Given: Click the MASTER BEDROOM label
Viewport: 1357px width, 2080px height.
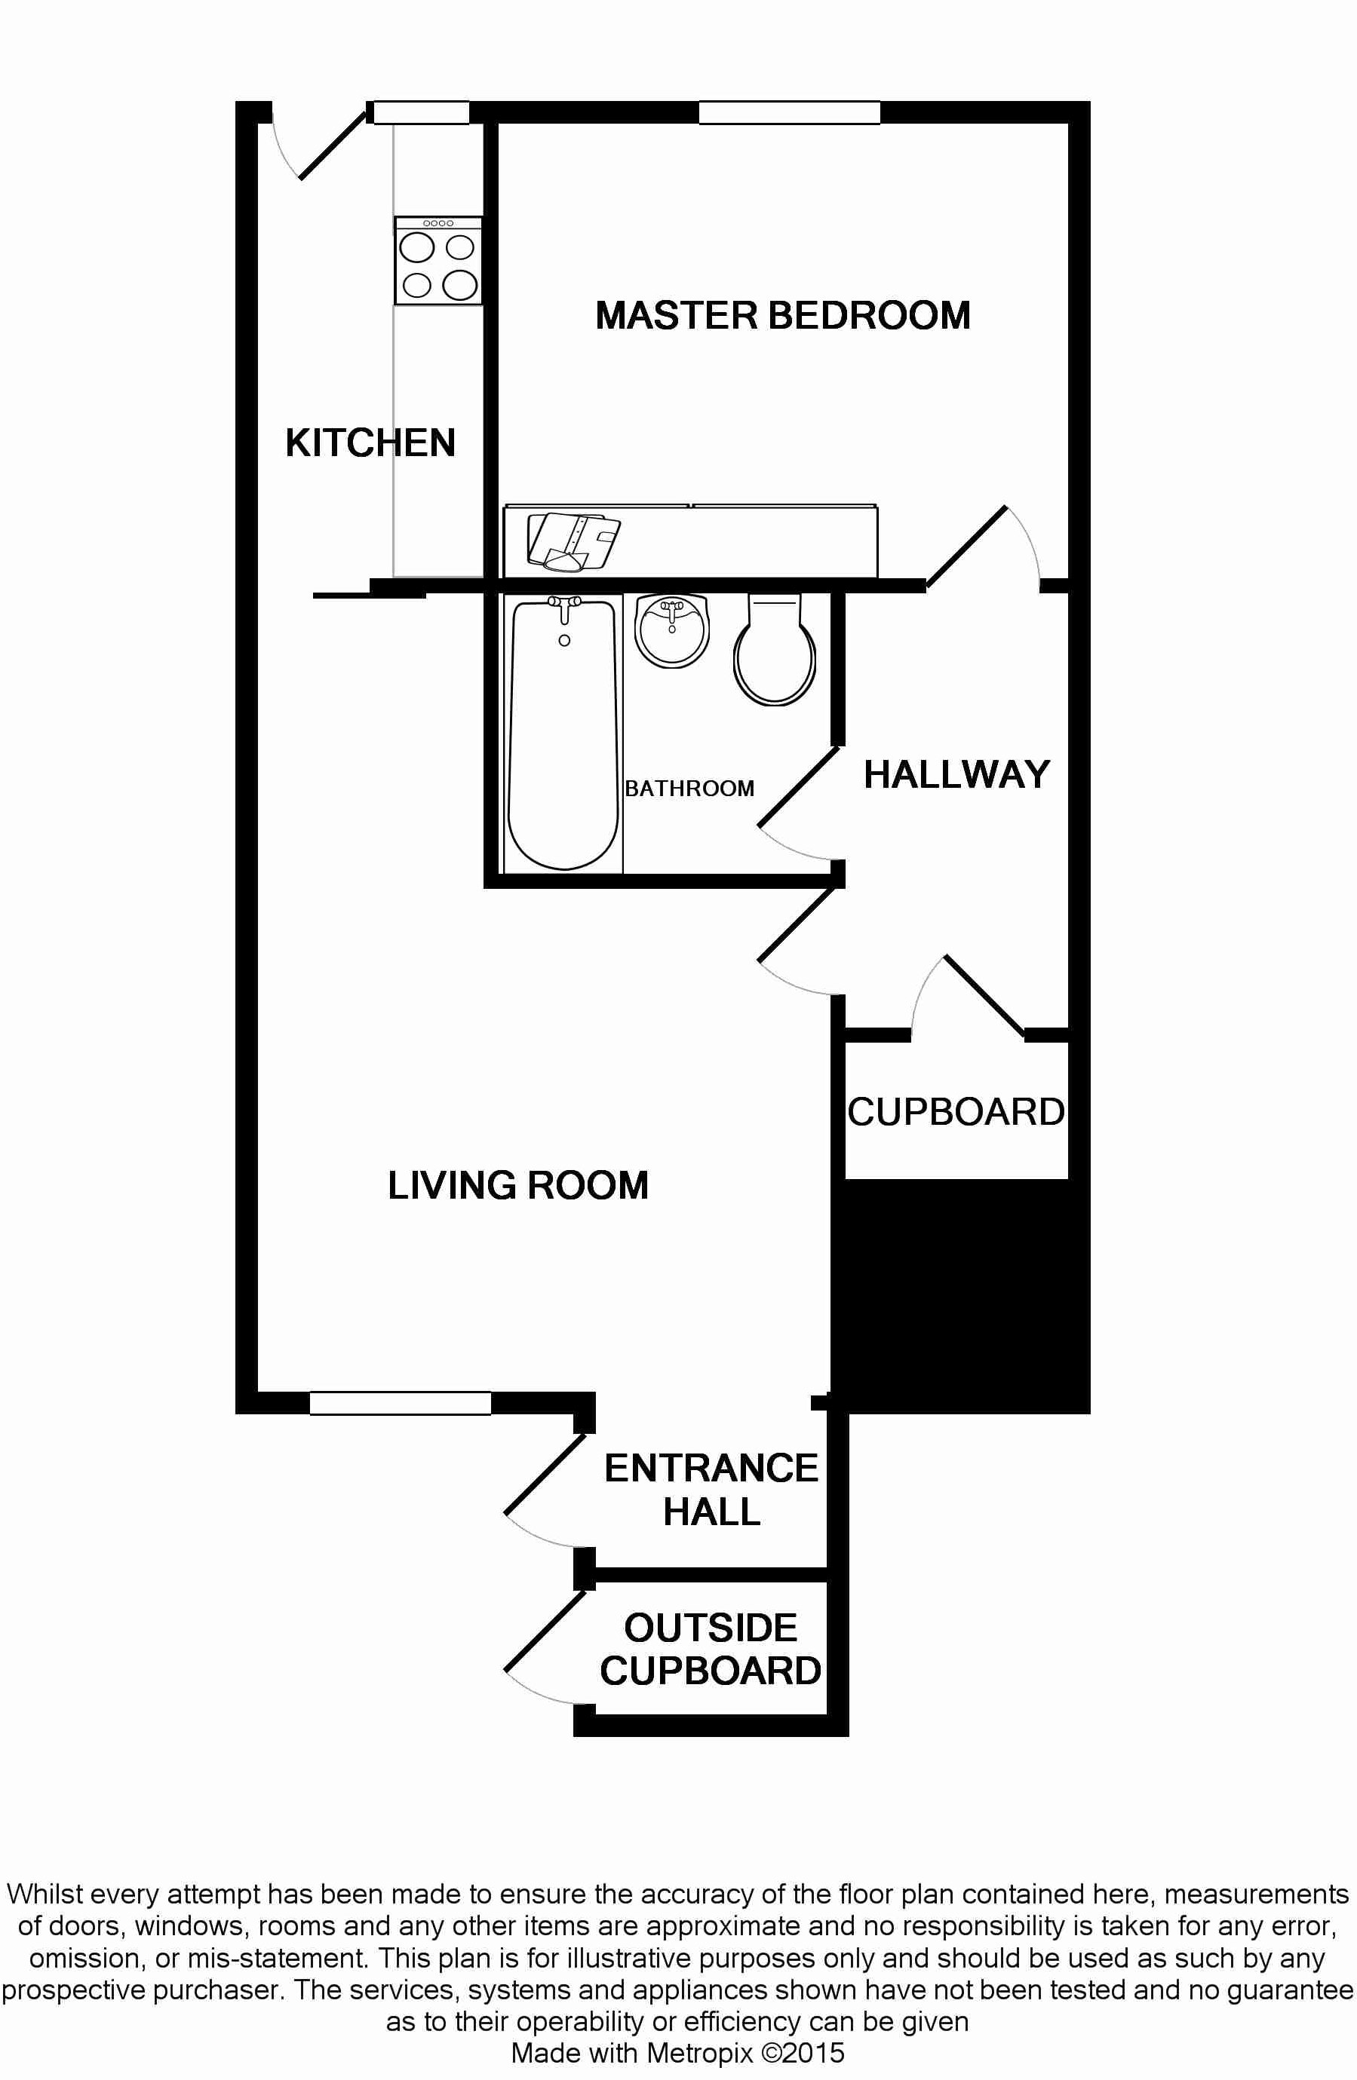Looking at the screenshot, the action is click(782, 315).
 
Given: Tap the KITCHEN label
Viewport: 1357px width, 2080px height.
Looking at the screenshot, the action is click(370, 443).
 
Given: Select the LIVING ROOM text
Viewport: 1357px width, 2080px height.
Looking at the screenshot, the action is click(517, 1186).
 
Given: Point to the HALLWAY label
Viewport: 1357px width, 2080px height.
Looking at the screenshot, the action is click(956, 774).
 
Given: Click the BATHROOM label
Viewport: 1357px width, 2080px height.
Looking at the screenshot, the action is click(689, 789).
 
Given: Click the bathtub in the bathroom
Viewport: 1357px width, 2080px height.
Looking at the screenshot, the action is click(564, 734).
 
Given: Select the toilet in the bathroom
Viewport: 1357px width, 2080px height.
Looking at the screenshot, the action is click(775, 648).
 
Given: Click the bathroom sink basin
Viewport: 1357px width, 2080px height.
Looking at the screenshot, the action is click(671, 630).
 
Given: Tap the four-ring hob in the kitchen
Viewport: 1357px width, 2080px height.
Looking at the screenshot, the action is click(438, 260).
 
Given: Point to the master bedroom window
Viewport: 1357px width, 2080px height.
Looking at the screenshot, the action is click(790, 113).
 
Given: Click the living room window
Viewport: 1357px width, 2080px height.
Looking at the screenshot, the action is click(401, 1403).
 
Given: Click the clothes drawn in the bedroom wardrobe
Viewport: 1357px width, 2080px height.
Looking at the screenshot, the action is click(573, 542).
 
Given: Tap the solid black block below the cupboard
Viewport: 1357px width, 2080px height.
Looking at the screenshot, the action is click(959, 1296).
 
